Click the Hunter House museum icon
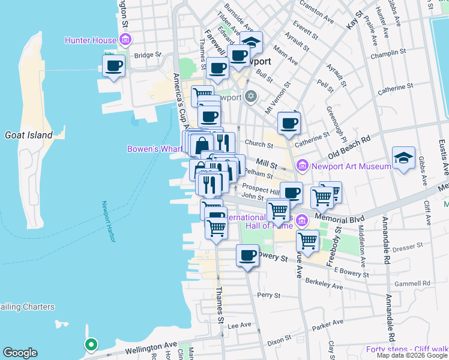pos(125,41)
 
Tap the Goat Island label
pos(29,135)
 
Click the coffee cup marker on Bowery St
pos(247,256)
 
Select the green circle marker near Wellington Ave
pos(91,344)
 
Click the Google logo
pos(20,353)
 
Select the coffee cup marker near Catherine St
pos(289,123)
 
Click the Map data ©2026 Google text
pos(411,355)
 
